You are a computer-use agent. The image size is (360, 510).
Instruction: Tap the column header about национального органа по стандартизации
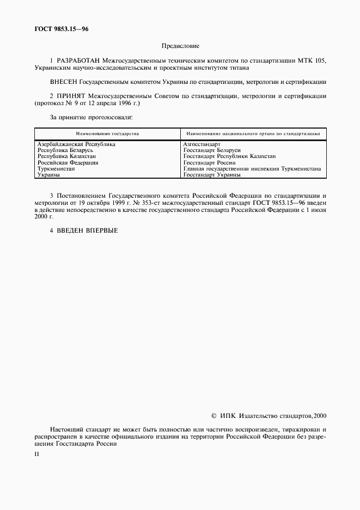pyautogui.click(x=253, y=133)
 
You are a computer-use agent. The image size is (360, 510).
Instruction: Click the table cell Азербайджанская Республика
pyautogui.click(x=76, y=144)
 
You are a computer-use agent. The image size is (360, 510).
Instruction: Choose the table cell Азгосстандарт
pyautogui.click(x=202, y=144)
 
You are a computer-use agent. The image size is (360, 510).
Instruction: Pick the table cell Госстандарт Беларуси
pyautogui.click(x=212, y=150)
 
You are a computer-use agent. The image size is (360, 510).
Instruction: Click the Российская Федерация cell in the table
pyautogui.click(x=68, y=162)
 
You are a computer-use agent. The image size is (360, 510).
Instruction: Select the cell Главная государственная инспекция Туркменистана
pyautogui.click(x=252, y=169)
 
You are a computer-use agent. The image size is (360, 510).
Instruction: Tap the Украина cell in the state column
pyautogui.click(x=48, y=175)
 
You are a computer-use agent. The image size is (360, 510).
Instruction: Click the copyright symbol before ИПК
pyautogui.click(x=213, y=416)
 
